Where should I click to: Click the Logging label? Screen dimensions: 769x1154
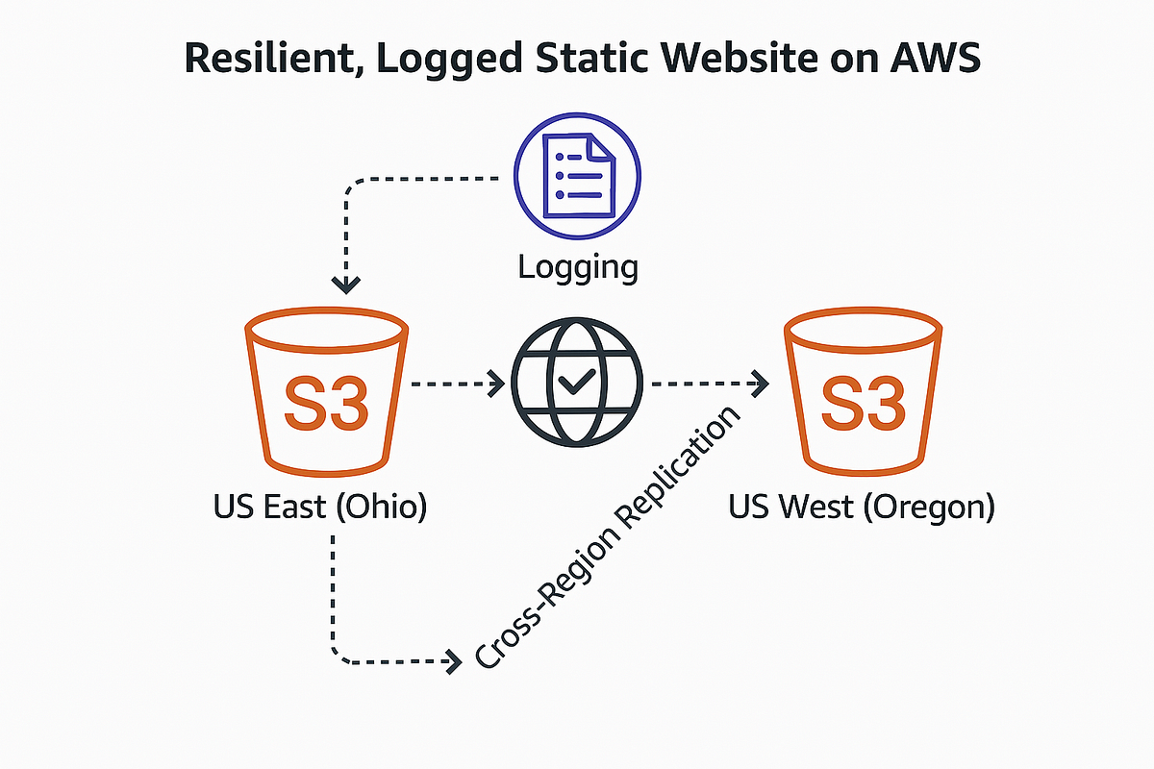point(577,266)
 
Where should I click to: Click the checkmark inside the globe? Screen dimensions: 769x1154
point(576,384)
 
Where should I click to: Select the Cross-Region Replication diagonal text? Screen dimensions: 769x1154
point(610,537)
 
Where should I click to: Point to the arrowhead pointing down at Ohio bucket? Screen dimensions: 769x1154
point(345,284)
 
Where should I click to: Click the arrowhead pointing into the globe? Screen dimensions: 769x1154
point(497,384)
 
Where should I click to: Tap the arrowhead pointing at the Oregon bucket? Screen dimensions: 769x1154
point(762,384)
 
